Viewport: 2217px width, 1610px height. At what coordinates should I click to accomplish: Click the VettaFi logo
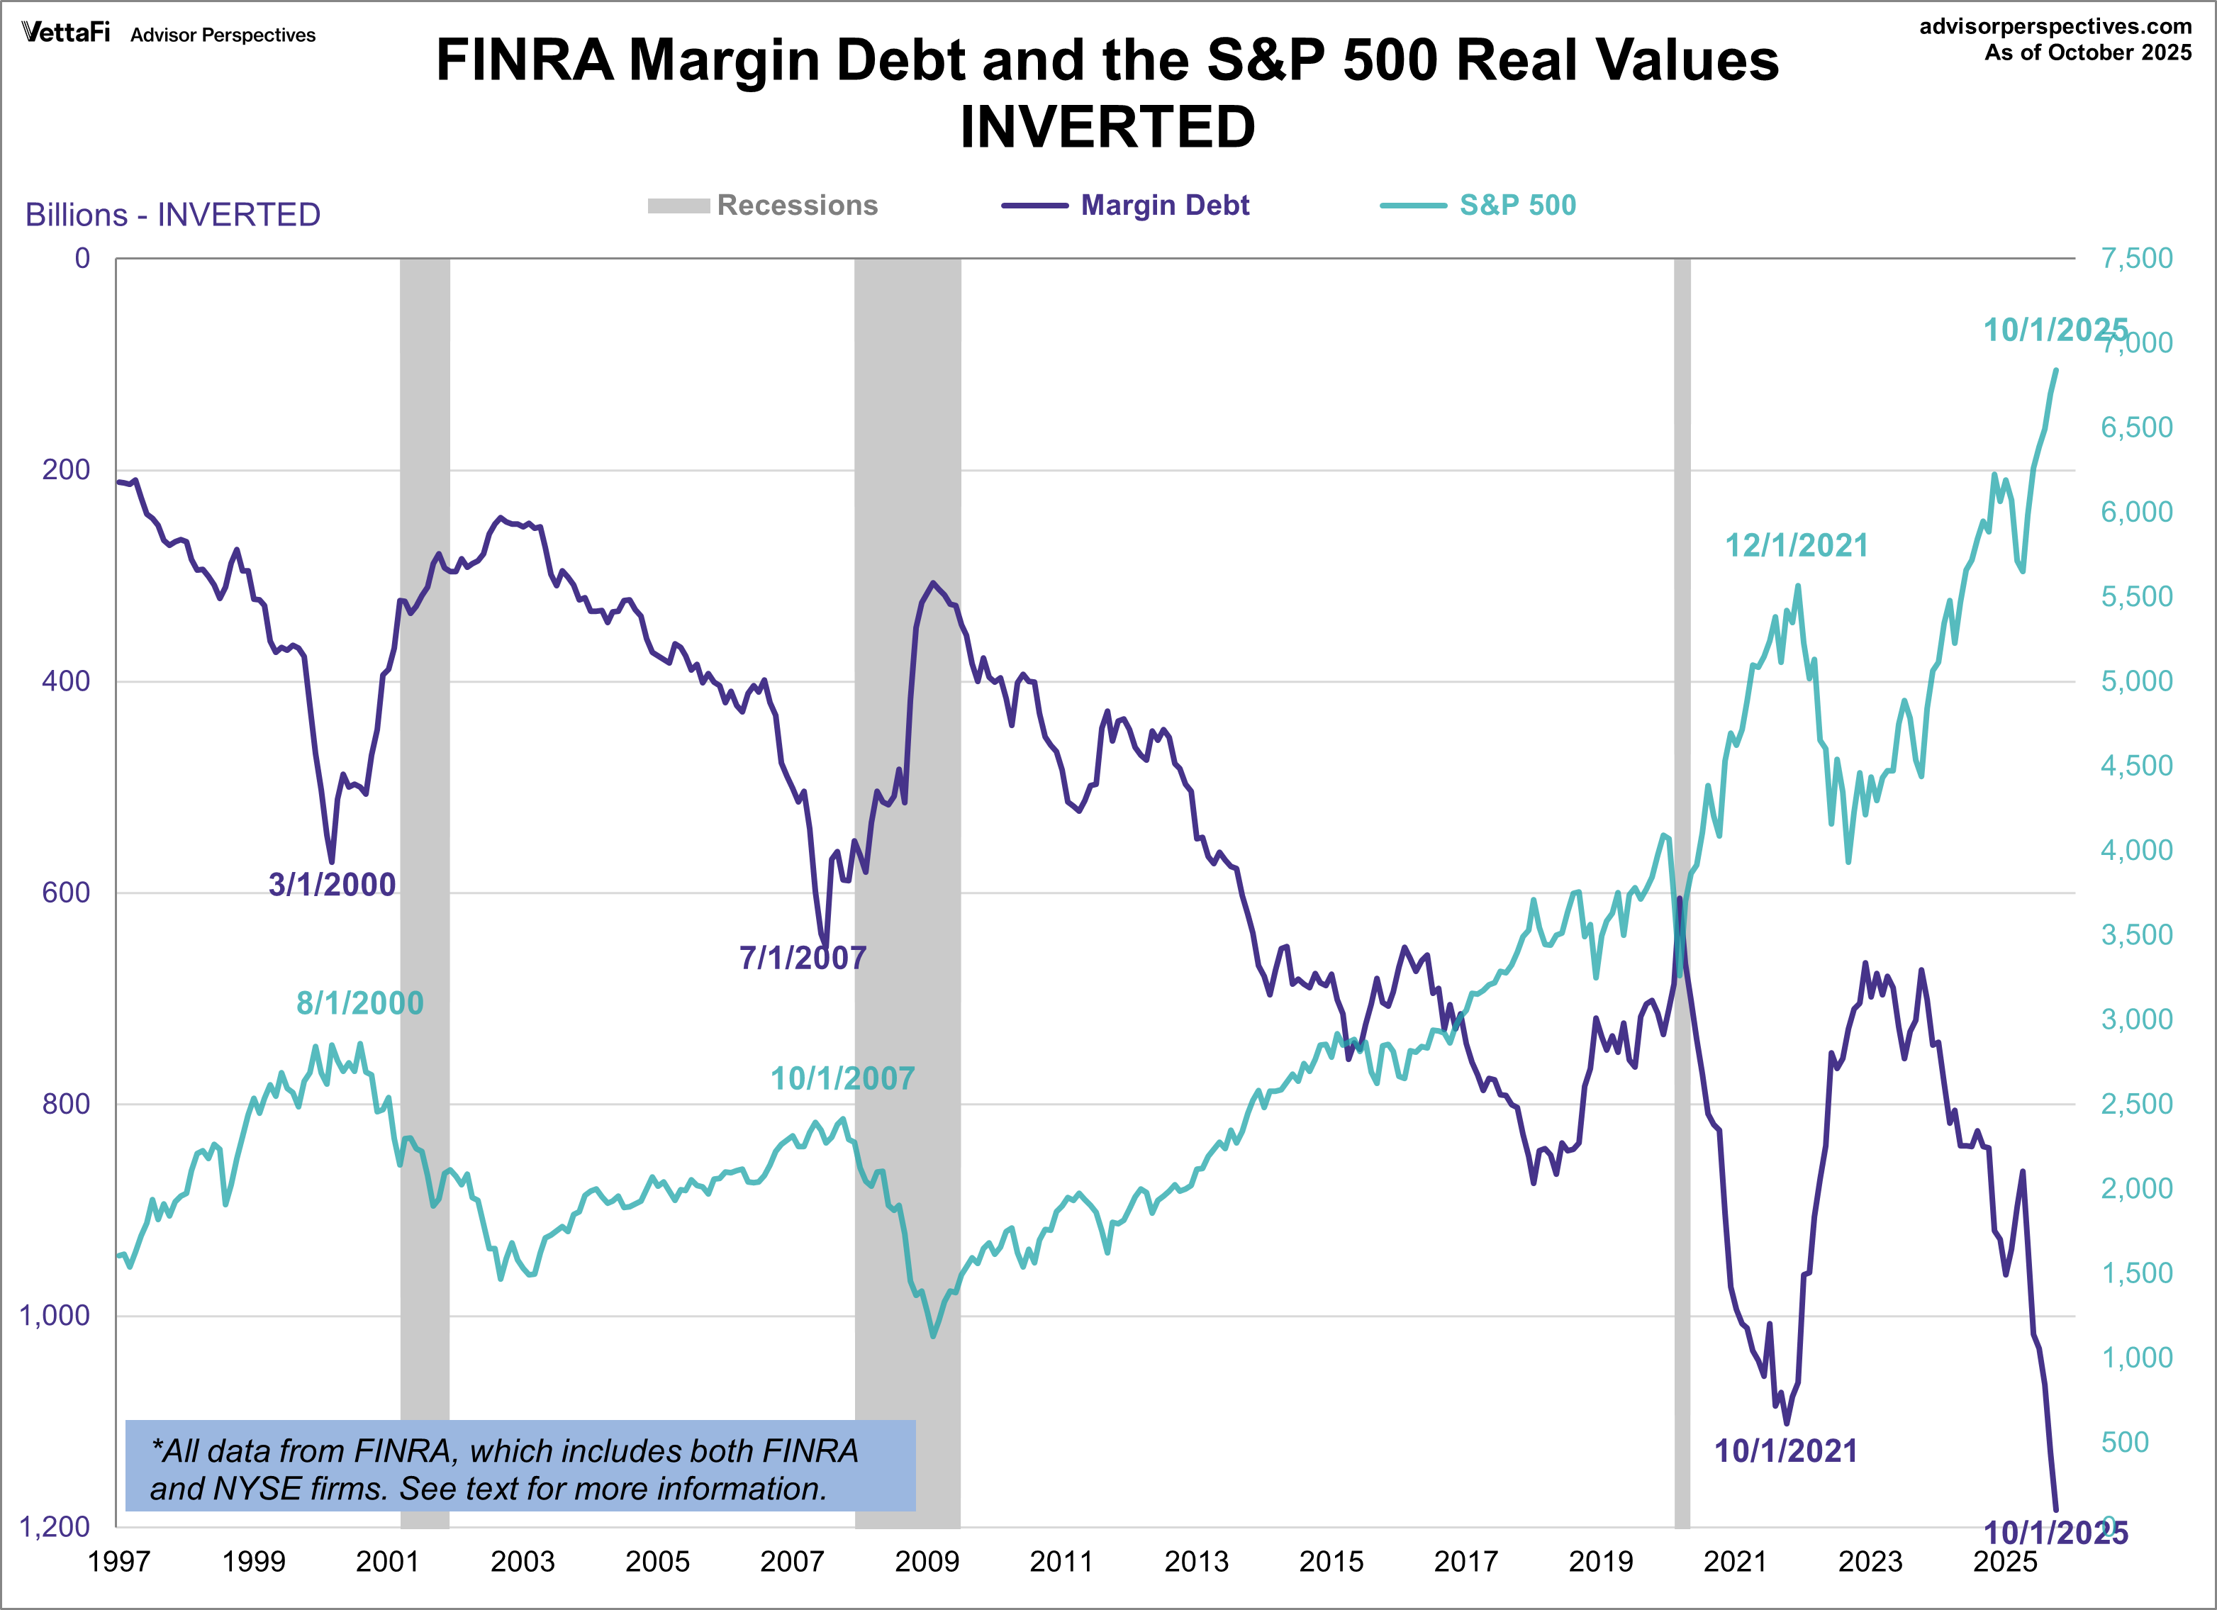coord(65,33)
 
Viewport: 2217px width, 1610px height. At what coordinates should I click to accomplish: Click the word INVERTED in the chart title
coord(1107,127)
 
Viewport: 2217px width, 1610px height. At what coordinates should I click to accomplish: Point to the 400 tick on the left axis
coord(65,681)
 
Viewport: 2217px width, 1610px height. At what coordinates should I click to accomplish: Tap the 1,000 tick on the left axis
coord(55,1315)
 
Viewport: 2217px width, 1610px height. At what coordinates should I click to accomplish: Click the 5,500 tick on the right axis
coord(2137,596)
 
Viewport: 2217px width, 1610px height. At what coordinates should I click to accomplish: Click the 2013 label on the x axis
coord(1195,1562)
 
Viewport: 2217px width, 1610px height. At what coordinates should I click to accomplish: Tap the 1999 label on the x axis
coord(253,1562)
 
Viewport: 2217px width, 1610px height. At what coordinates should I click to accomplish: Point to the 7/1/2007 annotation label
coord(802,958)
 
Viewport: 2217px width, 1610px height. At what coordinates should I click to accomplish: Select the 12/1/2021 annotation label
coord(1796,545)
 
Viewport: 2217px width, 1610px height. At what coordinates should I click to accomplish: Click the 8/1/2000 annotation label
coord(359,1003)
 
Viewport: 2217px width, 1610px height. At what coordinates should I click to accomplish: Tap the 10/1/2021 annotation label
coord(1785,1450)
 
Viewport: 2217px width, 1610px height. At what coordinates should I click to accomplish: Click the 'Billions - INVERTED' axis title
coord(173,215)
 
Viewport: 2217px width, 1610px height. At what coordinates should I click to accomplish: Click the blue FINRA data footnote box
coord(520,1466)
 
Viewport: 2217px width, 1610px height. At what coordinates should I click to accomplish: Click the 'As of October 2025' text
coord(2087,52)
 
